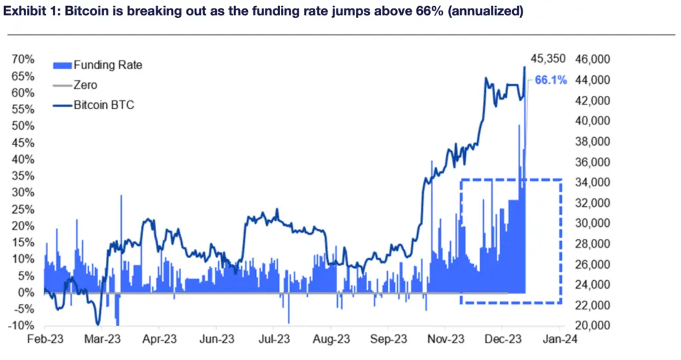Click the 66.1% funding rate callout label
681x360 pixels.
551,80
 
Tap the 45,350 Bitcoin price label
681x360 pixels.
547,59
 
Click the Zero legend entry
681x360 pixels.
85,85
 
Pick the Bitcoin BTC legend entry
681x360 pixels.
104,105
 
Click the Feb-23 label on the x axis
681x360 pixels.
44,338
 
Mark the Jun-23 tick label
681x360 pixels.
216,338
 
